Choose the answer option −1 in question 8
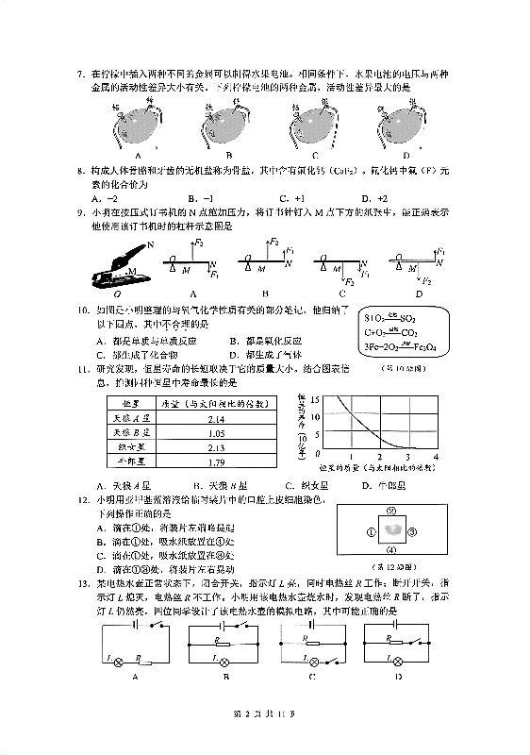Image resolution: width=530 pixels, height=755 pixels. [199, 198]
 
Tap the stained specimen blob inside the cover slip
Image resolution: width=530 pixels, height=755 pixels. [394, 532]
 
